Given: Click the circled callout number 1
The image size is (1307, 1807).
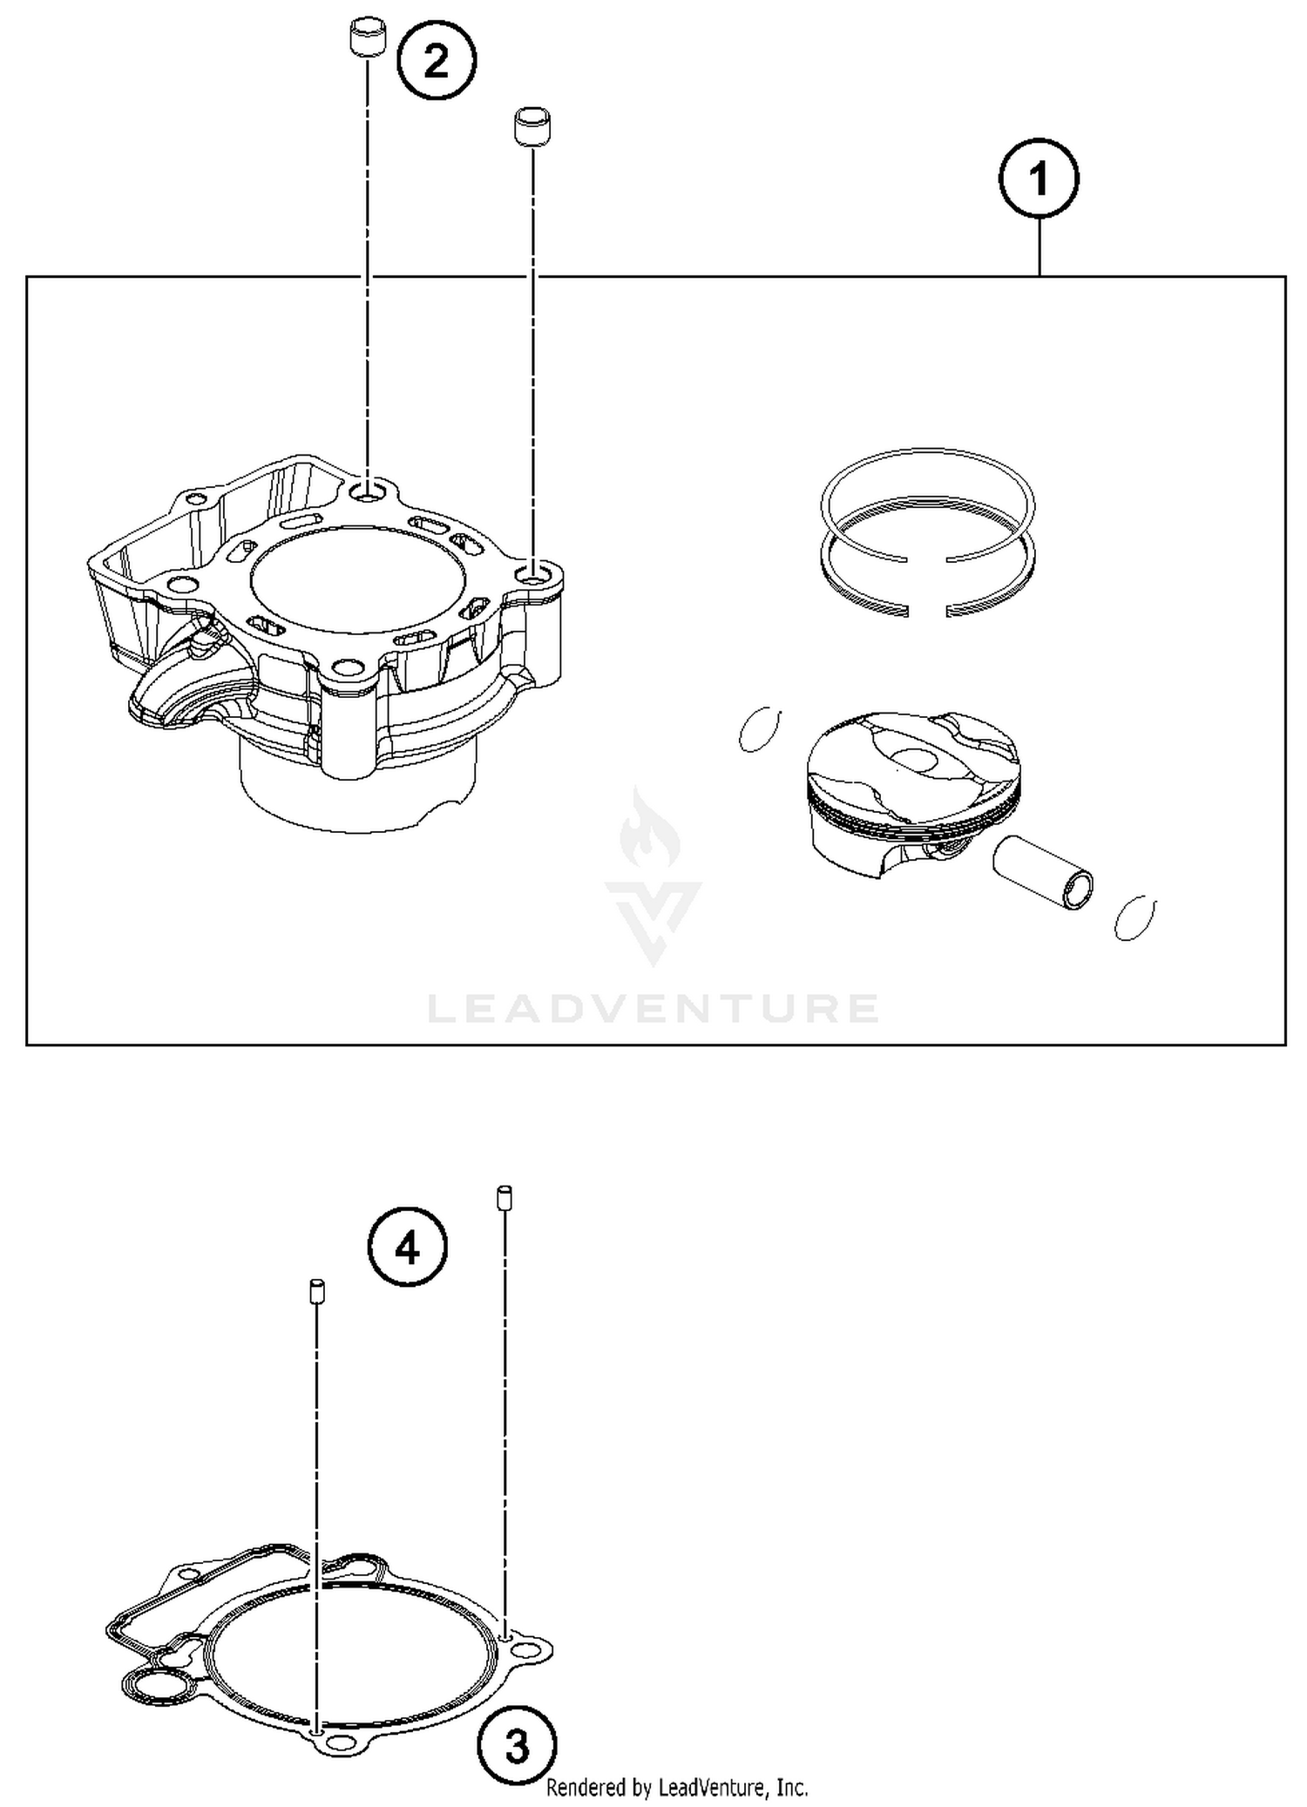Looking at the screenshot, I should [x=1039, y=179].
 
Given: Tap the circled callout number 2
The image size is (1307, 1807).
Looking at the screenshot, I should [x=437, y=61].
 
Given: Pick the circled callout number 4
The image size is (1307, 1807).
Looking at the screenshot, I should [x=408, y=1249].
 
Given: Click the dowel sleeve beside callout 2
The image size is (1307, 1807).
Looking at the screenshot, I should [x=368, y=37].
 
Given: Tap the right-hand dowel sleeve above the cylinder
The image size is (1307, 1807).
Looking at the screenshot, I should [x=532, y=127].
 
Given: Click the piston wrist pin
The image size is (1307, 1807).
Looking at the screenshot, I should [x=1043, y=871].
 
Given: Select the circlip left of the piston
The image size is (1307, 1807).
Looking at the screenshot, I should [x=759, y=728].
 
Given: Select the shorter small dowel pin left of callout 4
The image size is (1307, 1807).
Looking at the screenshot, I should [x=317, y=1290].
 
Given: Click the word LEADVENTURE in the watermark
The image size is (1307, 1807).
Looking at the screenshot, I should [x=653, y=1009].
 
